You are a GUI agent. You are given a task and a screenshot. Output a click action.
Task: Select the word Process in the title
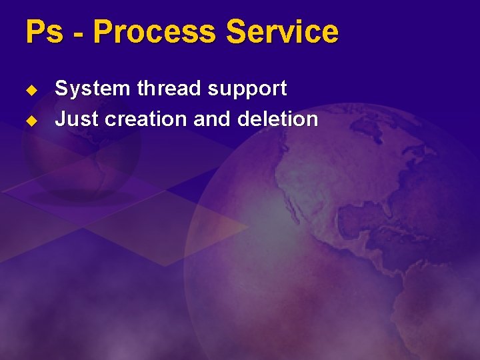click(x=155, y=32)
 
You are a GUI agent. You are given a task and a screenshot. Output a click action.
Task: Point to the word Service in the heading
click(x=282, y=32)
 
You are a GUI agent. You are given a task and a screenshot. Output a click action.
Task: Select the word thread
click(x=156, y=88)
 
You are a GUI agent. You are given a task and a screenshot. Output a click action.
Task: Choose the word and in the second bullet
click(x=210, y=119)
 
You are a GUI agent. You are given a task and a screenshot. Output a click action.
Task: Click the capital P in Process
click(x=102, y=32)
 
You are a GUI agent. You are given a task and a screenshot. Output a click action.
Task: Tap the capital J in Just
click(x=60, y=119)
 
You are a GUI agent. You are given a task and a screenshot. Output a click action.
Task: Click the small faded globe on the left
click(x=80, y=153)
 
